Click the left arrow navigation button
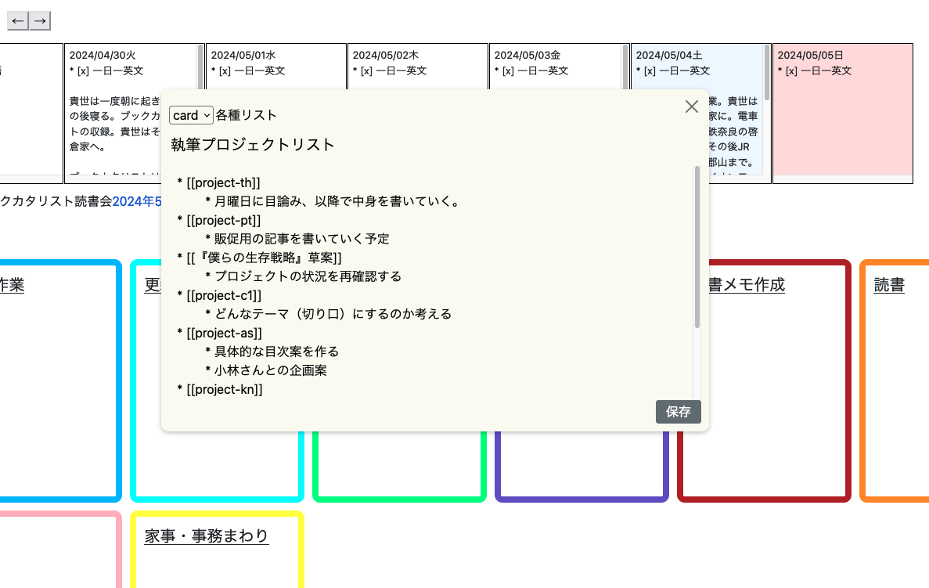coord(18,20)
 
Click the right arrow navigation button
coord(40,20)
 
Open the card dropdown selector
coord(191,115)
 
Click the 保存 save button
coord(678,412)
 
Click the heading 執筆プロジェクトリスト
coord(253,145)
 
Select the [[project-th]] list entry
coord(223,182)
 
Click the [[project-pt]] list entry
coord(224,220)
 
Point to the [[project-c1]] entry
coord(224,295)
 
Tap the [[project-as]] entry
coord(224,333)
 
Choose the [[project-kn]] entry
coord(225,389)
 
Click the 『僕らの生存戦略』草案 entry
coord(264,258)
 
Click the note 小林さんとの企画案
coord(270,370)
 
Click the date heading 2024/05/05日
coord(810,56)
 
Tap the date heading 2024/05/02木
coord(386,56)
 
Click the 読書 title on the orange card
coord(889,286)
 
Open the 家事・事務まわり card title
coord(207,536)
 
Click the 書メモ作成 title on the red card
coord(745,286)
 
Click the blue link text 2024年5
coord(137,201)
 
